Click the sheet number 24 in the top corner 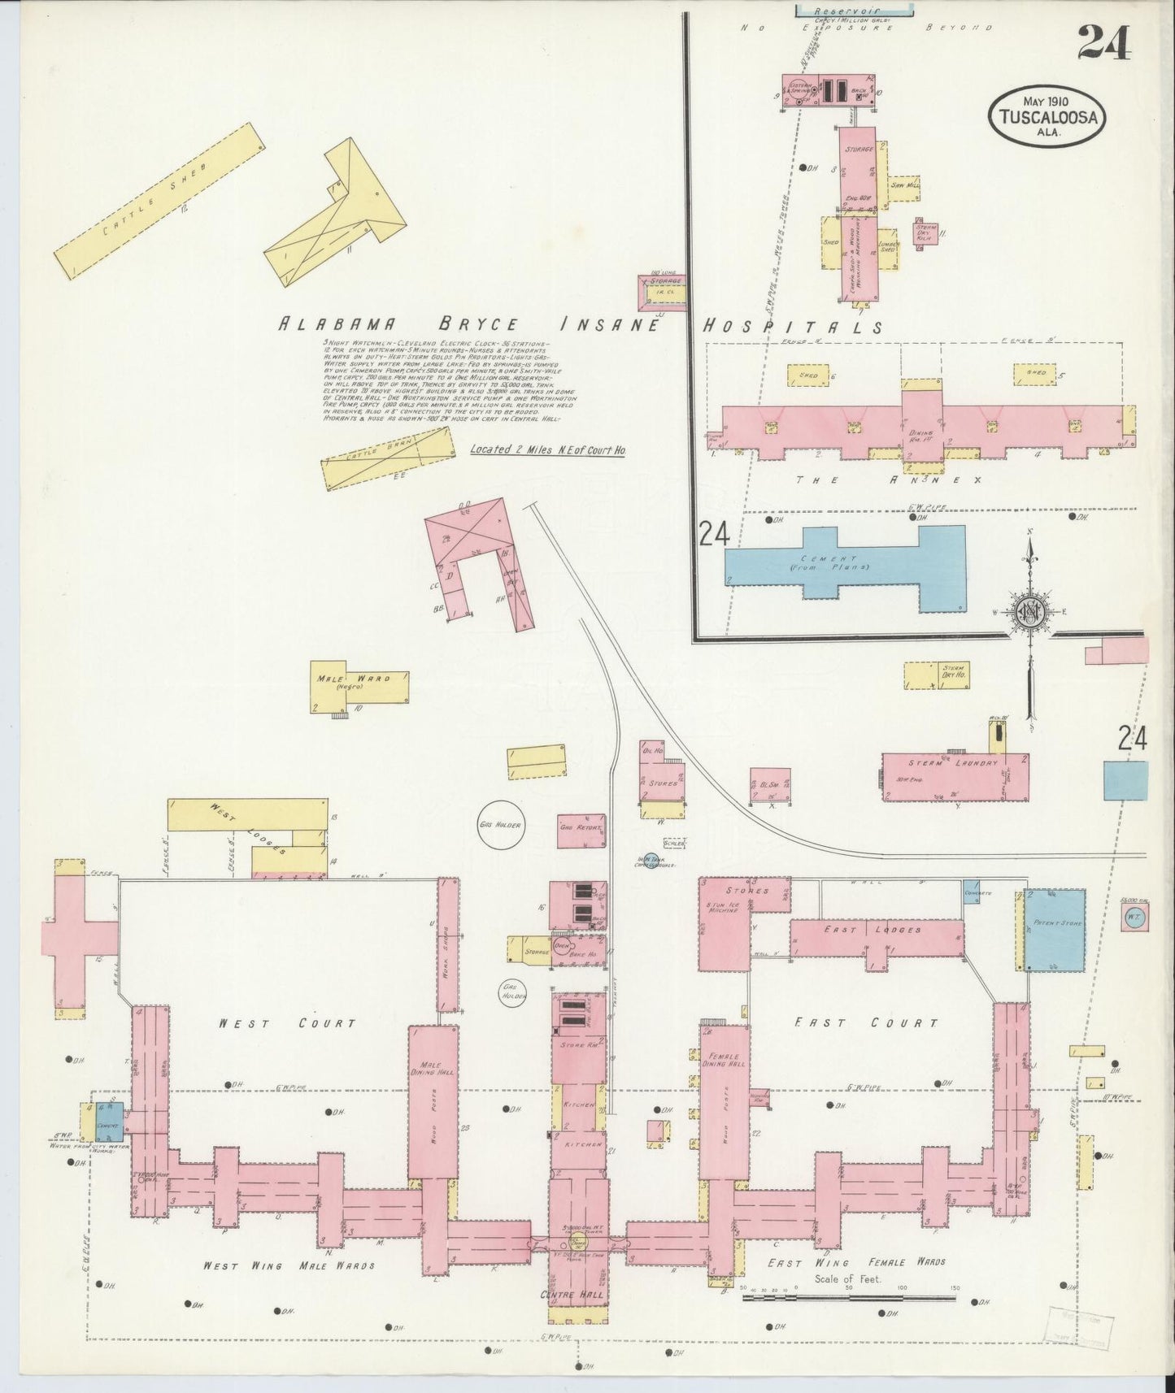(x=1104, y=42)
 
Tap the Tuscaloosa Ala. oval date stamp (x=1046, y=115)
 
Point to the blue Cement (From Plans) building (x=846, y=563)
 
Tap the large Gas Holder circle (x=499, y=824)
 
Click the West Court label (x=286, y=1023)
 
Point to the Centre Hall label (x=578, y=1294)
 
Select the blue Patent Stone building (x=1055, y=929)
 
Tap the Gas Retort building (x=581, y=828)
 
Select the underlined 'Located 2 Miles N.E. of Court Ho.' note (x=547, y=449)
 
